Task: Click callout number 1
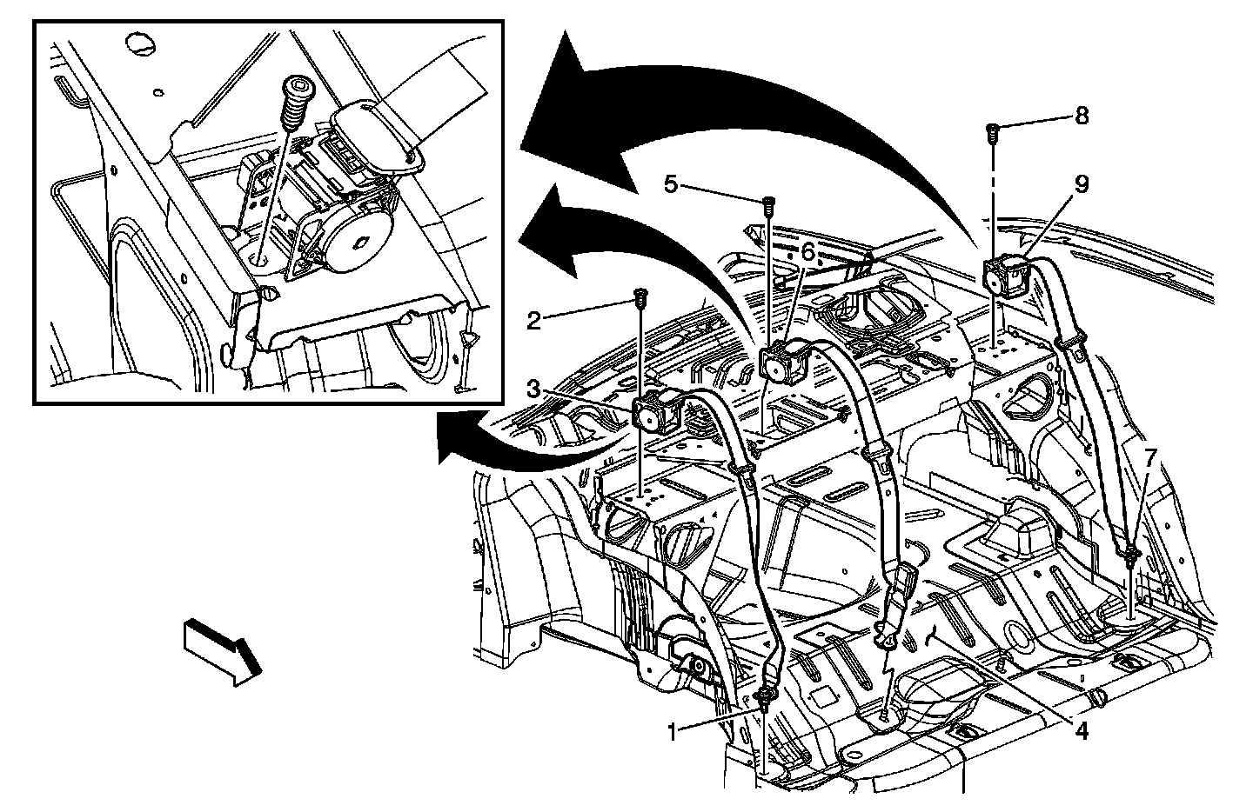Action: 672,732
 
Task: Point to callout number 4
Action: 1081,731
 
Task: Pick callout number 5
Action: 670,183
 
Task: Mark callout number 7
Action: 1150,456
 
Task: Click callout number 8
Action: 1082,116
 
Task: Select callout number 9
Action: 1082,184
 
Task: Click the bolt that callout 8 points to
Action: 993,132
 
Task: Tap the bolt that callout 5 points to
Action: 768,204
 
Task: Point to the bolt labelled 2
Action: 641,297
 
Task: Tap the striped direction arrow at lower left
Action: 223,651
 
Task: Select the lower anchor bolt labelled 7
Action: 1129,553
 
